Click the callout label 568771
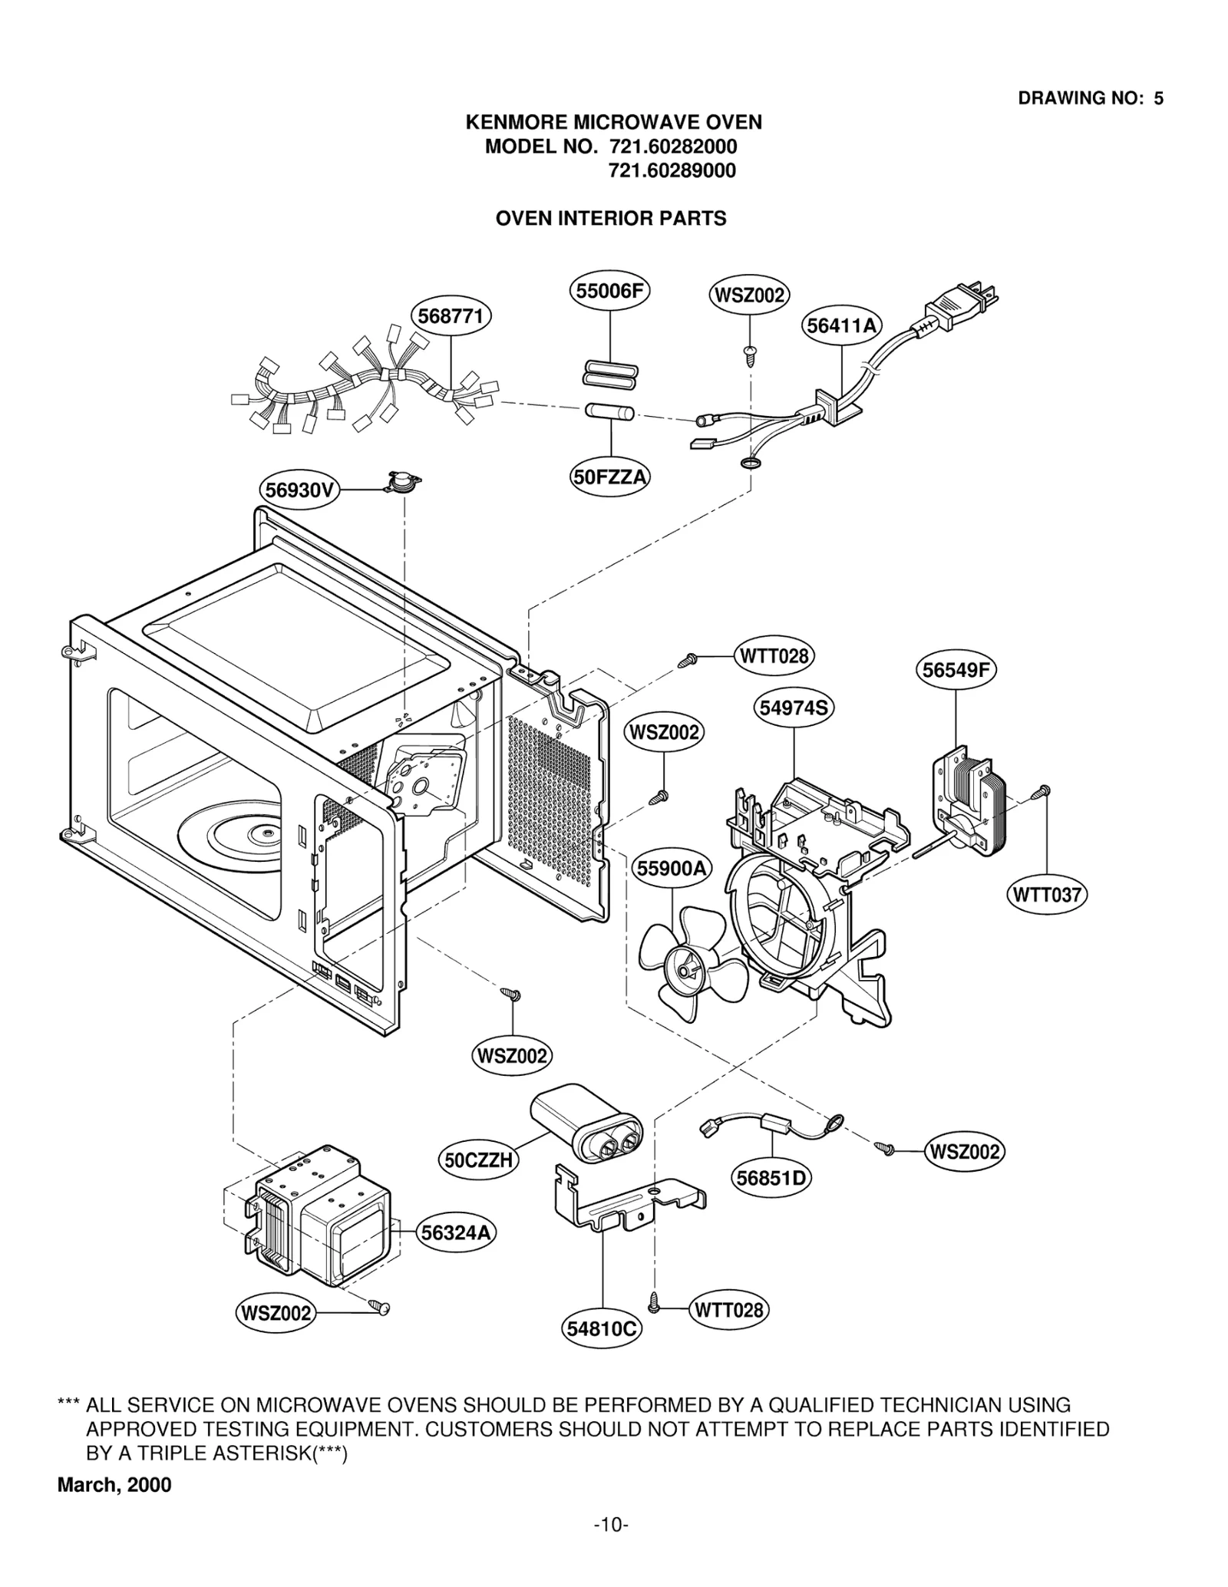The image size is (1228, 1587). pos(451,317)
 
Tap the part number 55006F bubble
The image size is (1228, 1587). pos(610,291)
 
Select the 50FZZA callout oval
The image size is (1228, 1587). pos(610,477)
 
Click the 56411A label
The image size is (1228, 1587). pos(842,326)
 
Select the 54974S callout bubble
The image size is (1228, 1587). pos(794,708)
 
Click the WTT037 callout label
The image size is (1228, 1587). pos(1046,895)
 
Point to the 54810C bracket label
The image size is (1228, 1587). pos(602,1328)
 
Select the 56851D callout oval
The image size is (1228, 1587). pos(771,1178)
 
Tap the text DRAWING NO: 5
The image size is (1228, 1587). pos(1090,98)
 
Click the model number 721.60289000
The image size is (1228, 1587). pos(672,170)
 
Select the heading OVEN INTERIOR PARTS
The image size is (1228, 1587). pos(610,219)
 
